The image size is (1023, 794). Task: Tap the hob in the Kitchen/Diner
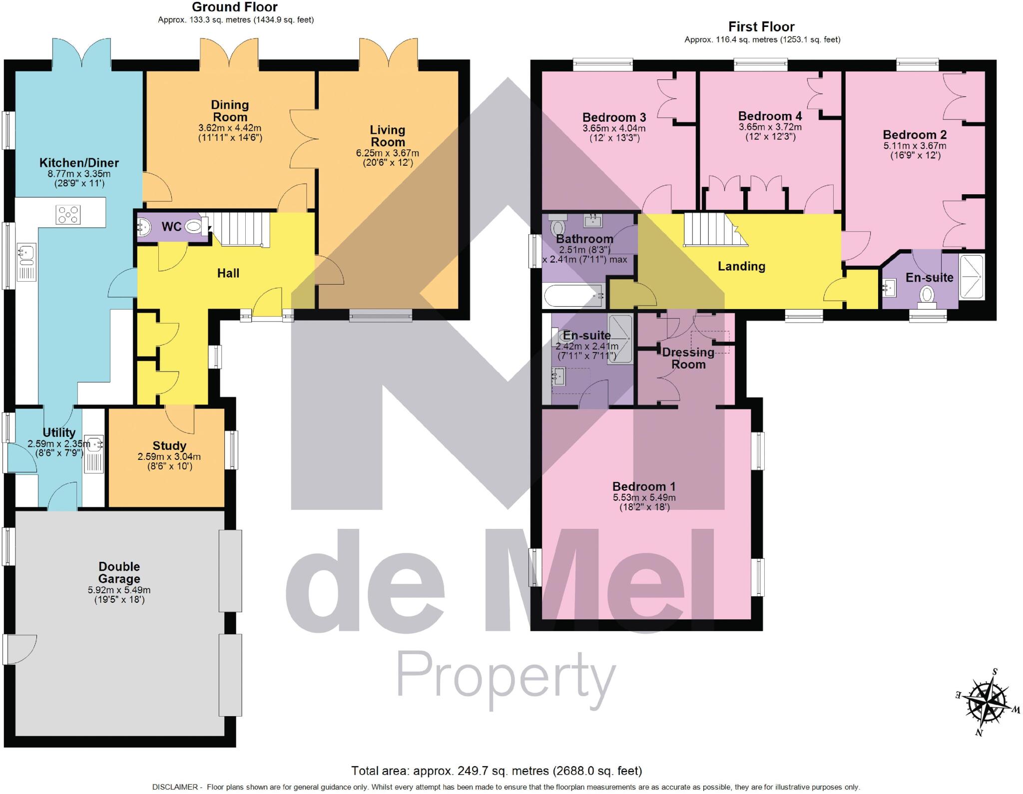68,215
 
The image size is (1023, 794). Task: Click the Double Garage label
119,573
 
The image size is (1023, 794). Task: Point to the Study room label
169,445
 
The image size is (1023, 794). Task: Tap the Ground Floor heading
235,7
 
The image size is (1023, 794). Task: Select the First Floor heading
761,26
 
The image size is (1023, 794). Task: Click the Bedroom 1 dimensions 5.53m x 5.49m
644,498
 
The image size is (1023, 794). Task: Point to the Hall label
228,273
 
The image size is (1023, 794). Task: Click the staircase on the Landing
709,229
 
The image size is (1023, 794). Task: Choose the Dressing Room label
688,358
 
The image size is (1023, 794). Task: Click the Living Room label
387,136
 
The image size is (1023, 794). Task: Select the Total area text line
496,771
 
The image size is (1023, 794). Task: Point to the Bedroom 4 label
770,116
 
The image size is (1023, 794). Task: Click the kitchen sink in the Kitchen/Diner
26,254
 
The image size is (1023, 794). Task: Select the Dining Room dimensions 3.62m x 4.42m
229,128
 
